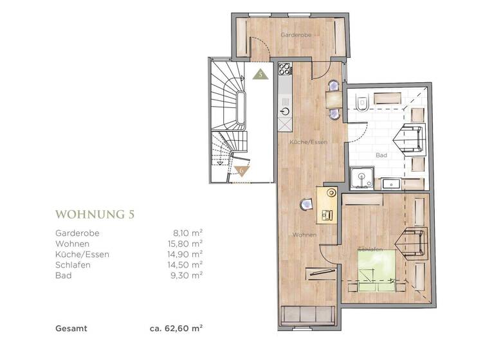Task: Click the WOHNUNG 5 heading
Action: (x=95, y=214)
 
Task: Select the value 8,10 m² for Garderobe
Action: (x=187, y=233)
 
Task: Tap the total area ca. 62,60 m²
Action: (x=176, y=328)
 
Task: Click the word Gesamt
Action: (x=71, y=328)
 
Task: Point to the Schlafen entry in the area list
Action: (x=73, y=265)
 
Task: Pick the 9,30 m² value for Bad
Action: (x=186, y=275)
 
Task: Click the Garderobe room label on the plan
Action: (x=296, y=35)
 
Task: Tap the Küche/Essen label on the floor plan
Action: (x=309, y=142)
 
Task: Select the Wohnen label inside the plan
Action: (x=304, y=235)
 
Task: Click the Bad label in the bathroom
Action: (x=381, y=155)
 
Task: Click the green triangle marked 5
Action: (x=261, y=75)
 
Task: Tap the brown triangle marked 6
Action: (x=242, y=171)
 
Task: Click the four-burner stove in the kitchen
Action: (x=285, y=69)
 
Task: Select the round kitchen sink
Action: (x=286, y=111)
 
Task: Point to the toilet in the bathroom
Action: (x=362, y=103)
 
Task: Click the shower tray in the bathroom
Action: (x=362, y=178)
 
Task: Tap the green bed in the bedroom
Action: (x=376, y=271)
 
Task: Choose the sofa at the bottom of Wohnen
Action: (x=308, y=315)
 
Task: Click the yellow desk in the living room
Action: (x=327, y=205)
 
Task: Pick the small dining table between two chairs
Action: (x=333, y=99)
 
